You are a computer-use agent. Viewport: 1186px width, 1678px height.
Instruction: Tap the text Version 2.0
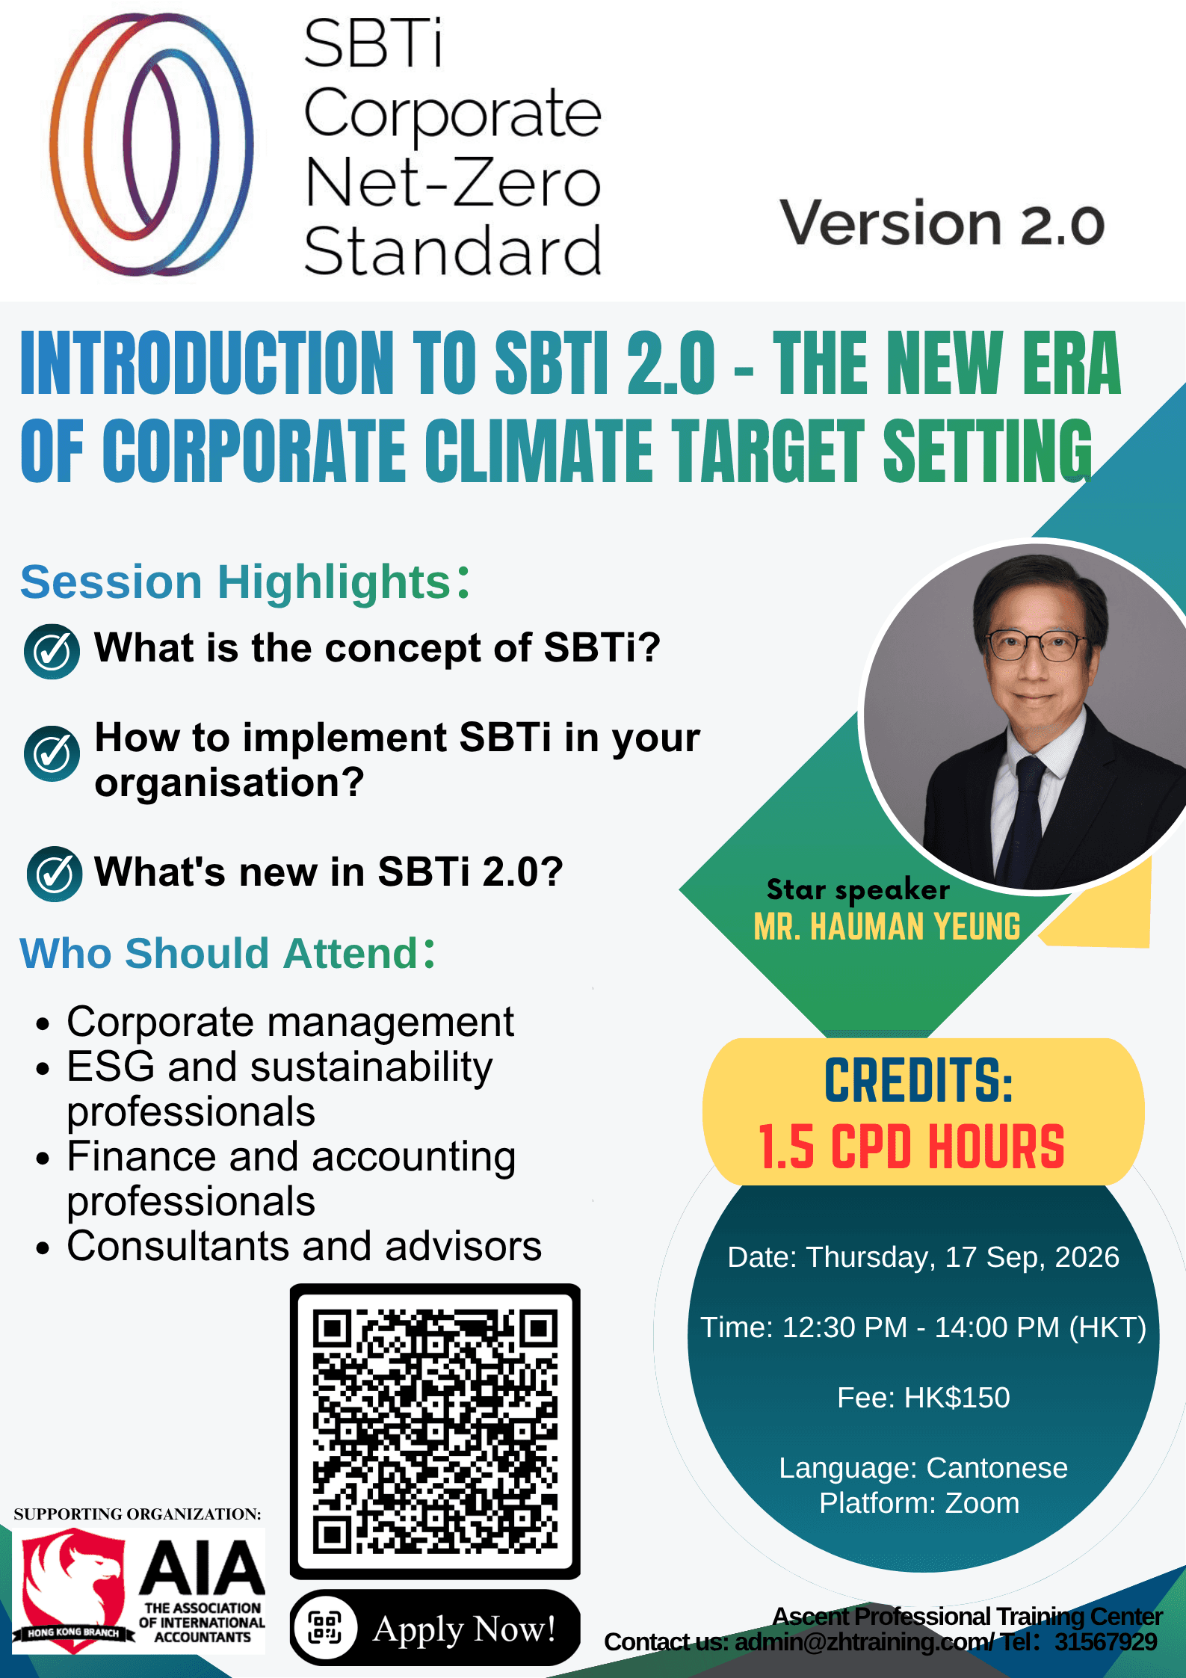pyautogui.click(x=942, y=223)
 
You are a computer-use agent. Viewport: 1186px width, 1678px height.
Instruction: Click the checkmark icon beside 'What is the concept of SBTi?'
pyautogui.click(x=52, y=651)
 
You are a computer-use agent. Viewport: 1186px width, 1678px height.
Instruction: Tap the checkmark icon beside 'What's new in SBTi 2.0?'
pyautogui.click(x=55, y=874)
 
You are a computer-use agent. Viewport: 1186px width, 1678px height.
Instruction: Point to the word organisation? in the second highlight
pyautogui.click(x=229, y=783)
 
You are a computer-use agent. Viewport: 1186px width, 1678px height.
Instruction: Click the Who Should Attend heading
pyautogui.click(x=228, y=953)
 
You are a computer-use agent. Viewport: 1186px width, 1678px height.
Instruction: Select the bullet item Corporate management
pyautogui.click(x=290, y=1022)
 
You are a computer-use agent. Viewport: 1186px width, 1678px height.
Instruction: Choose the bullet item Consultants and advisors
pyautogui.click(x=304, y=1246)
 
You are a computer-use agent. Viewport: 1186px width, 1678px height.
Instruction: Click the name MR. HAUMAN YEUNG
pyautogui.click(x=887, y=927)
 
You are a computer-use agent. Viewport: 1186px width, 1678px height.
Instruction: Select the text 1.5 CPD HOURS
pyautogui.click(x=912, y=1146)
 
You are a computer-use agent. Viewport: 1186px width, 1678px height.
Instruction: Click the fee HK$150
pyautogui.click(x=957, y=1398)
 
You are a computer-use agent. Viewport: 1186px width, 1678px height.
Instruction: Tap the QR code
pyautogui.click(x=435, y=1431)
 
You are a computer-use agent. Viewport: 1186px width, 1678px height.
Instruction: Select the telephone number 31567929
pyautogui.click(x=1106, y=1641)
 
